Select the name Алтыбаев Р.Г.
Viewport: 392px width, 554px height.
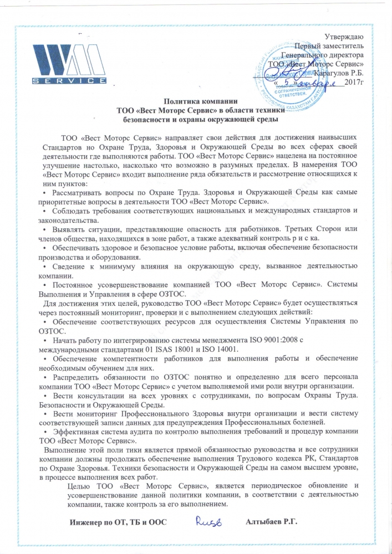coord(271,522)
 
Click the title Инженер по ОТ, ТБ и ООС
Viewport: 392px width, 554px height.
coord(118,522)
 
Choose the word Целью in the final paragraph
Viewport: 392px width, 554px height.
coord(78,486)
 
